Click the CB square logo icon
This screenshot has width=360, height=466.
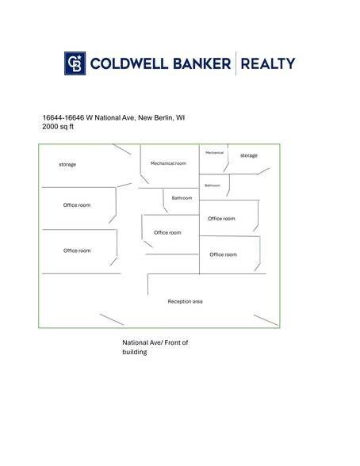75,63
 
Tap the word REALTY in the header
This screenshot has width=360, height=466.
268,63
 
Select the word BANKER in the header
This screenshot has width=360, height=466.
201,63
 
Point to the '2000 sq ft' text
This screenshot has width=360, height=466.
58,127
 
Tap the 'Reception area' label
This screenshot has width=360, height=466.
185,301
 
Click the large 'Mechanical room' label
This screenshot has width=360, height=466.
168,163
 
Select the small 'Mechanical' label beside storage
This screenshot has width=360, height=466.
214,152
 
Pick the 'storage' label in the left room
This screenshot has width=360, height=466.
67,164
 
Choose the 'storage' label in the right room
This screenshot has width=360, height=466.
249,155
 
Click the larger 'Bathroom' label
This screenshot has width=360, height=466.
182,198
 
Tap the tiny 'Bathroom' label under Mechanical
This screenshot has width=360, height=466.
213,185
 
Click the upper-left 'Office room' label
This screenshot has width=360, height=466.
77,205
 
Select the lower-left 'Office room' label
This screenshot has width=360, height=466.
77,250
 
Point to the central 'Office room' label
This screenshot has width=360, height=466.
167,233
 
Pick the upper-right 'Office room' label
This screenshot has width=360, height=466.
221,219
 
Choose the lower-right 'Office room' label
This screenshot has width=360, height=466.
224,254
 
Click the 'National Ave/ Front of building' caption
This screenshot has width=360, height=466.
155,347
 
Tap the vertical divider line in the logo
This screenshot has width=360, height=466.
236,63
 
